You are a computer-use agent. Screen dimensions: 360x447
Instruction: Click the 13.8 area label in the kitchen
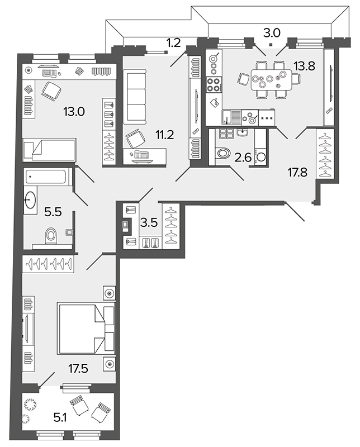[x=305, y=66]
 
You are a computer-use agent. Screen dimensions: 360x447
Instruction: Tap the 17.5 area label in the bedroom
[x=78, y=369]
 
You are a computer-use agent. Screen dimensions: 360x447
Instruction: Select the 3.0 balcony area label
[x=272, y=34]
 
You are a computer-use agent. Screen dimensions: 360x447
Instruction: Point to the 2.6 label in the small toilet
[x=243, y=158]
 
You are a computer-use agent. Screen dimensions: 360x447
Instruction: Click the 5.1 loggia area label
[x=60, y=418]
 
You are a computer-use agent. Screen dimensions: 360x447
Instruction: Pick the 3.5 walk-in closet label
[x=149, y=222]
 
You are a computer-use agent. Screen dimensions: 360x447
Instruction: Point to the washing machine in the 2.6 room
[x=260, y=156]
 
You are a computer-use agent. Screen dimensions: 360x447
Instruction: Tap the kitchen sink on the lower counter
[x=231, y=118]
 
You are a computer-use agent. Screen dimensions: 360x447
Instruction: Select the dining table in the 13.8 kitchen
[x=272, y=79]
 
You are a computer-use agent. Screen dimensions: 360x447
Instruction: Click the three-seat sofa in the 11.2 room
[x=135, y=96]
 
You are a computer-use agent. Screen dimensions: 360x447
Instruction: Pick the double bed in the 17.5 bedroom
[x=86, y=329]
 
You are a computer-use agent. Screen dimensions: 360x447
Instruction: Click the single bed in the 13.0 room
[x=50, y=150]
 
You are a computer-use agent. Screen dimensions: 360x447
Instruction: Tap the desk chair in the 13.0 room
[x=51, y=91]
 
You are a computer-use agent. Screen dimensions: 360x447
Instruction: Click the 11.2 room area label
[x=164, y=135]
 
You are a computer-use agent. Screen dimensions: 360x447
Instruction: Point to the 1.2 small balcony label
[x=173, y=43]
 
